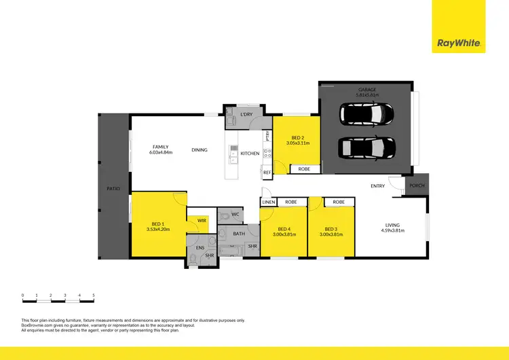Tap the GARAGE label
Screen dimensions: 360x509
367,89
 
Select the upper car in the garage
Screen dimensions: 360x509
367,114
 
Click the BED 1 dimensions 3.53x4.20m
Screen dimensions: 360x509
157,230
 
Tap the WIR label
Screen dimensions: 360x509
202,220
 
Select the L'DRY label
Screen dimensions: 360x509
246,115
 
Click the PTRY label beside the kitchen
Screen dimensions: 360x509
269,135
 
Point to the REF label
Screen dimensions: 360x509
267,173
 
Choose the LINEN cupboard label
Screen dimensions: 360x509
268,202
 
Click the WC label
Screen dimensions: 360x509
235,215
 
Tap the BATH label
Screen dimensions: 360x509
239,234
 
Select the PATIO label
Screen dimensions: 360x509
113,189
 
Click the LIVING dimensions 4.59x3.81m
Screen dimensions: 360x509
392,231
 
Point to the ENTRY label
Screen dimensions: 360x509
377,186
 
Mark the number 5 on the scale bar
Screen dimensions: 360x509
94,295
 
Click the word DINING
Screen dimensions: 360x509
200,150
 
